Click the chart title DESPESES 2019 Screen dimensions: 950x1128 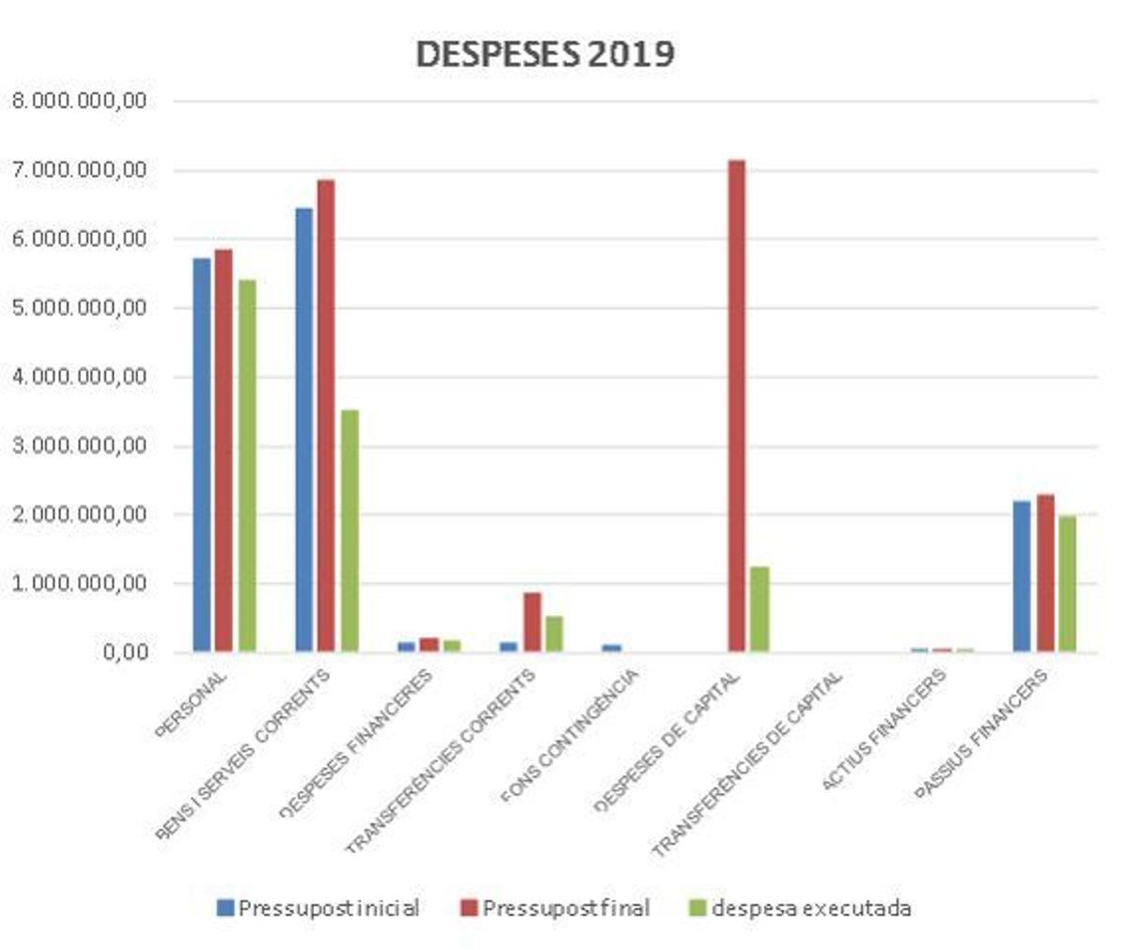coord(544,54)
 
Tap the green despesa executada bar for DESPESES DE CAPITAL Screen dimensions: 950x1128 coord(760,609)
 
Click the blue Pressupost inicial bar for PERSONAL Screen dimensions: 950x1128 coord(201,455)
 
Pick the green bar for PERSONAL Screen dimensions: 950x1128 coord(247,466)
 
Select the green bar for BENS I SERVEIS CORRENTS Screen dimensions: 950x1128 coord(349,531)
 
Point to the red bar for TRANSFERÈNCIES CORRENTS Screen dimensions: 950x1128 coord(532,622)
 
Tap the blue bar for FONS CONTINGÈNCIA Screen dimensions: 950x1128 coord(612,647)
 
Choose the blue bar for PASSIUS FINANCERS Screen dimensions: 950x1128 coord(1022,576)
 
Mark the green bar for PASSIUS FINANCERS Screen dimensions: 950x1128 coord(1067,584)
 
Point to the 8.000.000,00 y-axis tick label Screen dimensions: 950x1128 coord(79,101)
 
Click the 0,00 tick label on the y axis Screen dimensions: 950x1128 coord(122,652)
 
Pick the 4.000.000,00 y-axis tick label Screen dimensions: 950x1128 coord(79,377)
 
